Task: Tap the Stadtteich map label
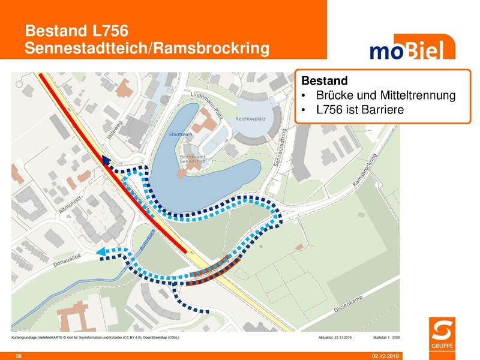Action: pyautogui.click(x=181, y=135)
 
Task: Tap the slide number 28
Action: pyautogui.click(x=19, y=356)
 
